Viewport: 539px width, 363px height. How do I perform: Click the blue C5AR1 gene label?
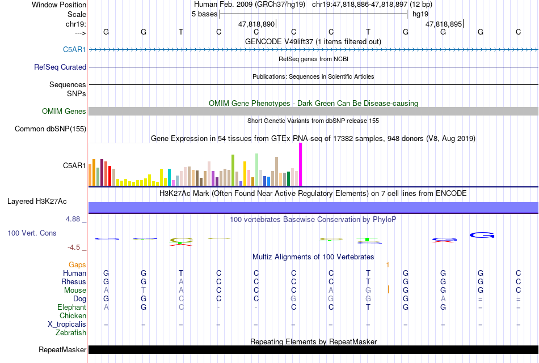(x=74, y=50)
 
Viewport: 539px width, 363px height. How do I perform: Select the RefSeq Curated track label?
(x=60, y=67)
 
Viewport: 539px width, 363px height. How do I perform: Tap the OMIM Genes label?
(x=64, y=111)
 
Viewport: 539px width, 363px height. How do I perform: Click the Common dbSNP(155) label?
(x=50, y=129)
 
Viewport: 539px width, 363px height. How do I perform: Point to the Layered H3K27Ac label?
(x=37, y=202)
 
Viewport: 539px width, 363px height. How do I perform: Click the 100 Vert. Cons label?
(x=32, y=233)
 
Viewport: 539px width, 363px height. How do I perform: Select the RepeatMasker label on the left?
(x=62, y=349)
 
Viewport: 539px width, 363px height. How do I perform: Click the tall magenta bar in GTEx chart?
(x=301, y=164)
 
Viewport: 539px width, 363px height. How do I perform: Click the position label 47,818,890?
(x=256, y=24)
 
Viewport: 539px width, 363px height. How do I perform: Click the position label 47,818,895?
(x=444, y=24)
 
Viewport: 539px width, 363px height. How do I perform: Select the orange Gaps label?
(x=77, y=265)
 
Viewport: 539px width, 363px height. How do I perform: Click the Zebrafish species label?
(x=71, y=333)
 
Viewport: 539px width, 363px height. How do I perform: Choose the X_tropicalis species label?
(x=67, y=324)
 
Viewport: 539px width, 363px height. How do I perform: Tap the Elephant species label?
(x=72, y=308)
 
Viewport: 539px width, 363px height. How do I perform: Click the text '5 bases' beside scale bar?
(x=204, y=14)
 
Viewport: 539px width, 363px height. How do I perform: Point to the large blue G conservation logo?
(x=482, y=235)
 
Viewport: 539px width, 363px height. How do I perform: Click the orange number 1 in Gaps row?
(x=388, y=265)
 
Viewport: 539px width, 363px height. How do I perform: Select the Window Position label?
(x=59, y=5)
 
